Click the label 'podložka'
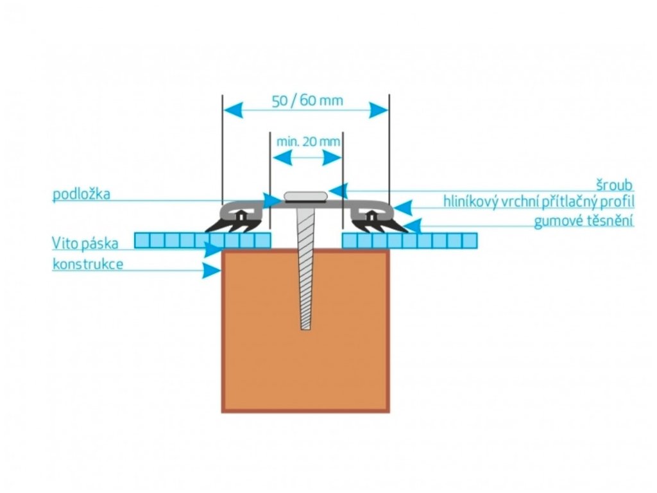(x=81, y=195)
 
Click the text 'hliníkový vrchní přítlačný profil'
(x=539, y=202)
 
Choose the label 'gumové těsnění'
(x=584, y=221)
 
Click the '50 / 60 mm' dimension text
(x=307, y=101)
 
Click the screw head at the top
(x=306, y=195)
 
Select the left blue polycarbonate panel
(x=203, y=241)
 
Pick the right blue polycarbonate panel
(x=409, y=241)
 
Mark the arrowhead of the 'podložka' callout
(x=274, y=200)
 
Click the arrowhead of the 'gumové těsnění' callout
(x=413, y=225)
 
